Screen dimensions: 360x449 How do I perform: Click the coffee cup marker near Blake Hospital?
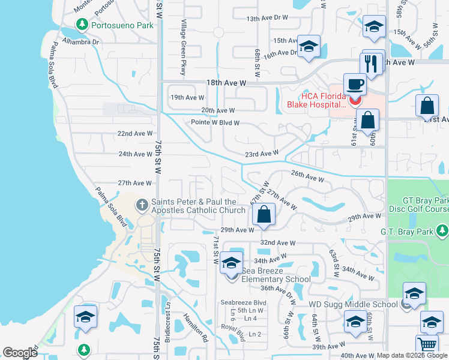point(354,85)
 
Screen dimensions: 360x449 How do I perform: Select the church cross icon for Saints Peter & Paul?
point(142,206)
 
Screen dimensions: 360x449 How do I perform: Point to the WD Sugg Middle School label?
point(353,304)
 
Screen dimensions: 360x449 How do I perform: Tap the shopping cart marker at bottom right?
point(427,345)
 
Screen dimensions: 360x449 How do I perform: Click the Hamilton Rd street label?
point(194,328)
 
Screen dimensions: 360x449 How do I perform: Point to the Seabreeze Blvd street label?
point(243,302)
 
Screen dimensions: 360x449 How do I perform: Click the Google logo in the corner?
point(20,353)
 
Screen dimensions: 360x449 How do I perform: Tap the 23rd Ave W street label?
point(262,154)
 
